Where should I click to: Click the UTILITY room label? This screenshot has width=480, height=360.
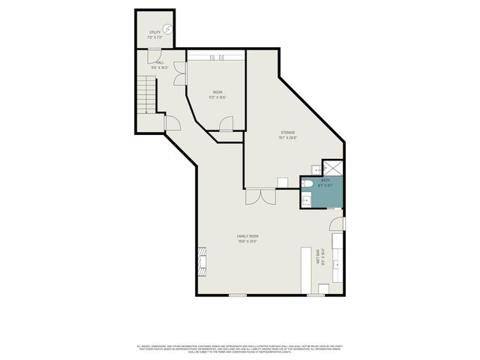click(154, 34)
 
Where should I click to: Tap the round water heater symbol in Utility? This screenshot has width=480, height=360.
click(169, 30)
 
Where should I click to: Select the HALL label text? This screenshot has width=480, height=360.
click(160, 64)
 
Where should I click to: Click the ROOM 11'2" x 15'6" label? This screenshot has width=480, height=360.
click(217, 94)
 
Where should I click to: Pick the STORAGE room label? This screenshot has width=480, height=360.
click(288, 135)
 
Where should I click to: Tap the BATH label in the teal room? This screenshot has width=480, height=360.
click(325, 182)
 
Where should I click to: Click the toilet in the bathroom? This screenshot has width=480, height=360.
click(309, 184)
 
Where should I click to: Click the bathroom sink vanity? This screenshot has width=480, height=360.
click(307, 199)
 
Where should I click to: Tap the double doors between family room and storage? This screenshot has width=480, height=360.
click(259, 196)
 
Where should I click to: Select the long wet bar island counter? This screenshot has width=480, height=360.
click(306, 270)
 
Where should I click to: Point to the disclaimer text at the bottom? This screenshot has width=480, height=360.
click(240, 348)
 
